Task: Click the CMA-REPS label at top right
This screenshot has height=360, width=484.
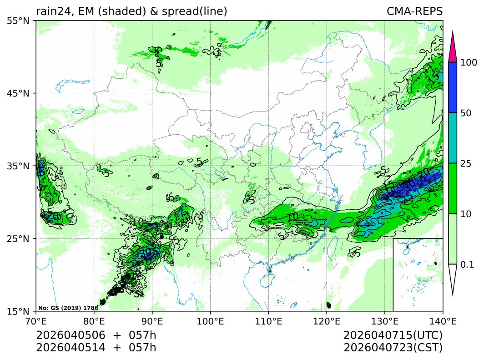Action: point(414,11)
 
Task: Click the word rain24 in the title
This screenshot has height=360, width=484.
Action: point(51,11)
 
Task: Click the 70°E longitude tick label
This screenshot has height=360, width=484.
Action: point(36,321)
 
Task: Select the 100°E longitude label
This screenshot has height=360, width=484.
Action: point(210,321)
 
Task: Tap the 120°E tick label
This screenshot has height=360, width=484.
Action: point(327,321)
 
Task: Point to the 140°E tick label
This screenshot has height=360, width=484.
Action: point(443,321)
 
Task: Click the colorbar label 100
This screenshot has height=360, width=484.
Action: point(468,63)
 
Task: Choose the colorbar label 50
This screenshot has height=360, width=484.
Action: point(465,113)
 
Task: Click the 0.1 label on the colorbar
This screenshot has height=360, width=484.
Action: point(467,264)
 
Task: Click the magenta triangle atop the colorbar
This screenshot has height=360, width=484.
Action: point(452,50)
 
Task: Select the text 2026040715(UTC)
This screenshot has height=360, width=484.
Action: point(393,335)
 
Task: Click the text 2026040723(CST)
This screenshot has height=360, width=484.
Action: point(393,348)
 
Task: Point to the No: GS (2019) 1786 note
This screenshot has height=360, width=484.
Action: point(68,308)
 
